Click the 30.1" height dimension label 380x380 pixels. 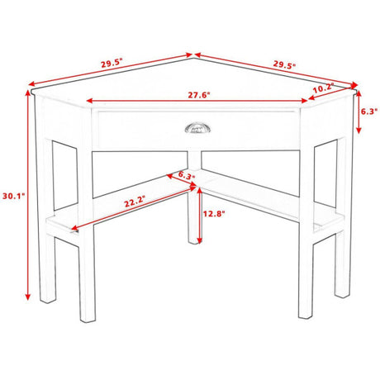(x=14, y=196)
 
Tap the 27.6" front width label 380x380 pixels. (x=199, y=95)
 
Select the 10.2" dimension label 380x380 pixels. (x=323, y=88)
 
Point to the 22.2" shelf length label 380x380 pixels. (x=135, y=202)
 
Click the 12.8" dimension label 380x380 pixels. (x=214, y=214)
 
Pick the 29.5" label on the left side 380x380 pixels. (x=112, y=64)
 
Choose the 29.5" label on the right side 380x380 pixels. (x=284, y=64)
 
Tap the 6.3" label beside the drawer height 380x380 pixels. (x=369, y=112)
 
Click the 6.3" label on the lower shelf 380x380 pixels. (x=187, y=174)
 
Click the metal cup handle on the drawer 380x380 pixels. (x=197, y=128)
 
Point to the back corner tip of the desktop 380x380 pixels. (x=194, y=58)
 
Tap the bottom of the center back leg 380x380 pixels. (x=195, y=241)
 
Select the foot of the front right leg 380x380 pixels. (x=306, y=316)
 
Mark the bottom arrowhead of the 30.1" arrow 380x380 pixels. (x=27, y=297)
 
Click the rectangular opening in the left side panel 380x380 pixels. (x=64, y=175)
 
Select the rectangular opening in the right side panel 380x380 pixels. (x=325, y=173)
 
